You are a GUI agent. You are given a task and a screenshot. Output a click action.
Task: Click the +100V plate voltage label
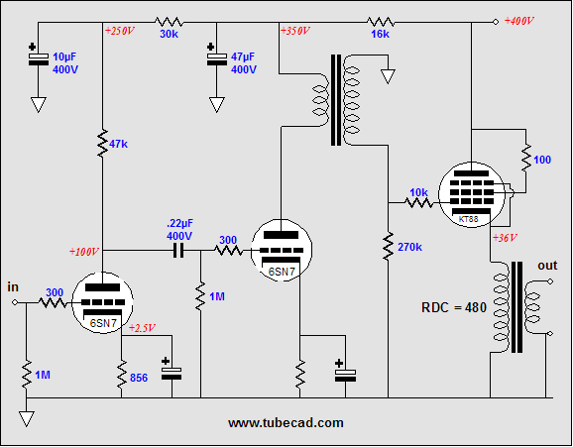click(84, 251)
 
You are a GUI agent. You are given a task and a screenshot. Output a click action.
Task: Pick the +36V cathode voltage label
click(507, 238)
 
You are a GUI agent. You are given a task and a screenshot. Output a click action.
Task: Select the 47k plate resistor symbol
click(103, 145)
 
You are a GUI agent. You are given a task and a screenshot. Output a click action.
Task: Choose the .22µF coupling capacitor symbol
click(179, 252)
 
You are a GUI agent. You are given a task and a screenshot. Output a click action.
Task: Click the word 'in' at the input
click(13, 286)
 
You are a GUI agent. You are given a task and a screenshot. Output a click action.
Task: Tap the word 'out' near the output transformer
click(547, 266)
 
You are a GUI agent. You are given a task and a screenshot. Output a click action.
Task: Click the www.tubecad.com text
click(286, 422)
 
